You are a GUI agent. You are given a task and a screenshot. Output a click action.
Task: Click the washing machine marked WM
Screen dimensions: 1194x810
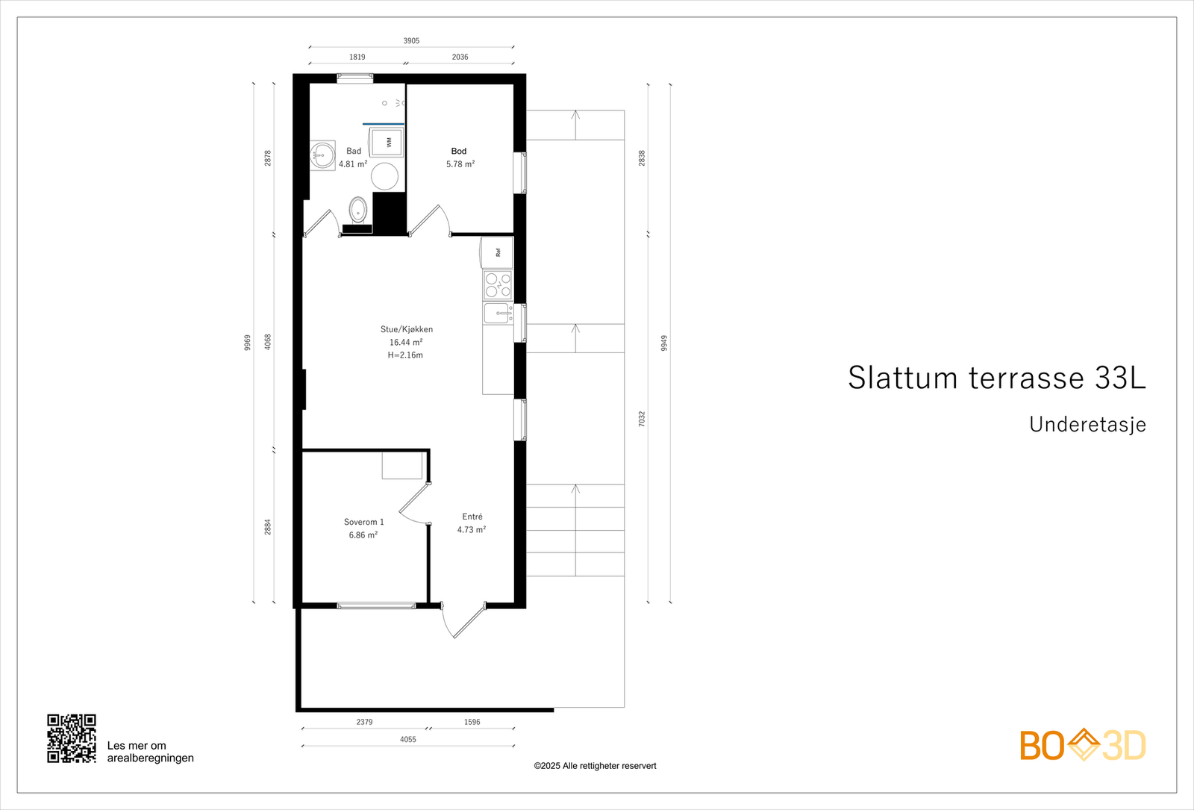pyautogui.click(x=387, y=142)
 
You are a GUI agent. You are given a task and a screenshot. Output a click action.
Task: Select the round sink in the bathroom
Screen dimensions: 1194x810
pyautogui.click(x=322, y=155)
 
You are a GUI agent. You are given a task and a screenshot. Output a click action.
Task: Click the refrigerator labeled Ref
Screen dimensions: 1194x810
pyautogui.click(x=497, y=252)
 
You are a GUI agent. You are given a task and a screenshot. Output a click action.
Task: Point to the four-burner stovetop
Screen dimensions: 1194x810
pyautogui.click(x=498, y=284)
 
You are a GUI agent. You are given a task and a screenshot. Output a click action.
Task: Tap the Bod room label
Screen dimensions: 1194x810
pyautogui.click(x=459, y=151)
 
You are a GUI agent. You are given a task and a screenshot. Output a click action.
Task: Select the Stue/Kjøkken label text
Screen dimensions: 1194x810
pyautogui.click(x=406, y=329)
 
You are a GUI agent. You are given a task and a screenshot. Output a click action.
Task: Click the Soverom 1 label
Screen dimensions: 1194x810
pyautogui.click(x=363, y=522)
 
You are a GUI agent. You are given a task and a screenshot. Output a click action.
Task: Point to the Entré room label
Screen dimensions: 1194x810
pyautogui.click(x=472, y=516)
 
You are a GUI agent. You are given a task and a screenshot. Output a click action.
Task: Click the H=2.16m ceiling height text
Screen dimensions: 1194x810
pyautogui.click(x=405, y=355)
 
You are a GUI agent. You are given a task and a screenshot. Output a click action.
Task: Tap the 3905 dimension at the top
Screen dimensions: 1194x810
pyautogui.click(x=411, y=40)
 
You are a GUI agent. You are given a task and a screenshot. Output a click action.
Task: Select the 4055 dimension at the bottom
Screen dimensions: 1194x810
pyautogui.click(x=407, y=739)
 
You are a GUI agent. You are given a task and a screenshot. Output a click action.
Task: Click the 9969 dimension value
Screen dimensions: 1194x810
pyautogui.click(x=247, y=343)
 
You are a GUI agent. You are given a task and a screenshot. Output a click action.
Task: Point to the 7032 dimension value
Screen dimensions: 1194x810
pyautogui.click(x=642, y=419)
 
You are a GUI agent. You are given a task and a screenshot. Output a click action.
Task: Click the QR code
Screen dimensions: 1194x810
pyautogui.click(x=72, y=738)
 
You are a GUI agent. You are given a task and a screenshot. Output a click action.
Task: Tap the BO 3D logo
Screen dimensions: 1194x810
pyautogui.click(x=1083, y=744)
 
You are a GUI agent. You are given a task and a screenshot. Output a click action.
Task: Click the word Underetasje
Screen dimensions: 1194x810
pyautogui.click(x=1087, y=425)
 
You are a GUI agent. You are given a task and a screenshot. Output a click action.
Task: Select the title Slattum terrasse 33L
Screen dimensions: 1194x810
pyautogui.click(x=997, y=378)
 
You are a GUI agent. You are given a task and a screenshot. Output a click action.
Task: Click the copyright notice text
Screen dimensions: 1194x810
pyautogui.click(x=595, y=766)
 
